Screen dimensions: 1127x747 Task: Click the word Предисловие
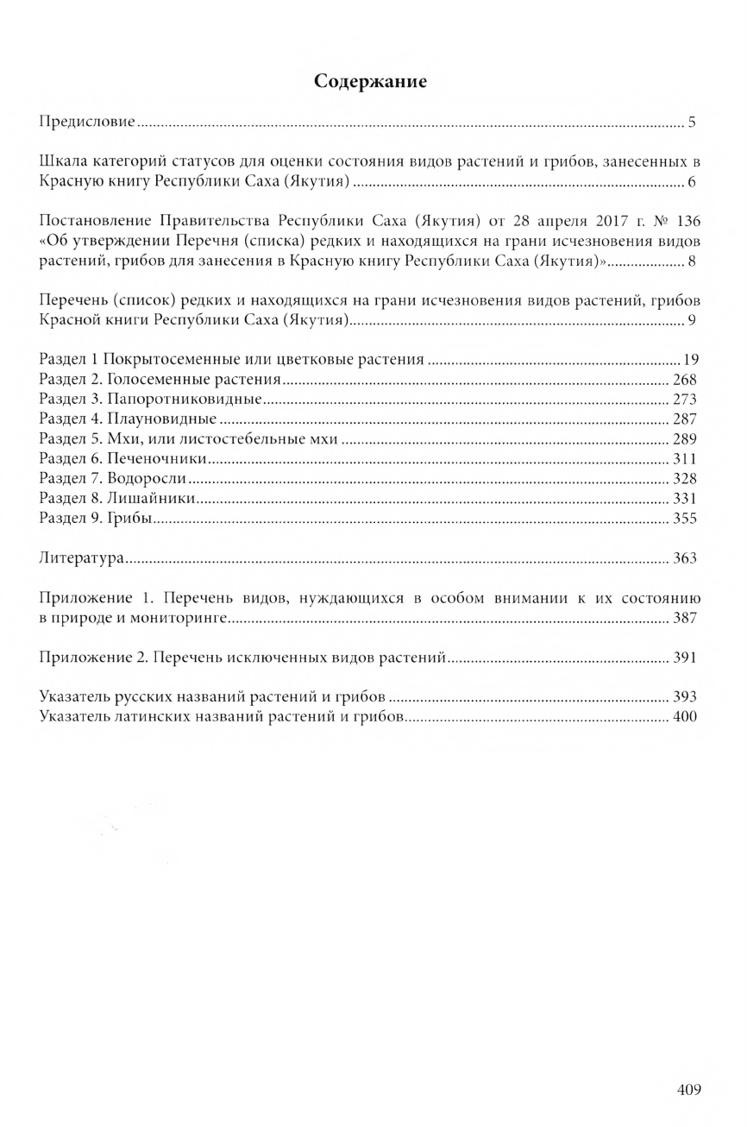coord(88,122)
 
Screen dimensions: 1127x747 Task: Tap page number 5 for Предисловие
coord(692,122)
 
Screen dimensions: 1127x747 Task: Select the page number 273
coord(684,400)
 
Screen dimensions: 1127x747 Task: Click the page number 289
coord(684,439)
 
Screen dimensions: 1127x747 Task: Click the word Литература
coord(83,558)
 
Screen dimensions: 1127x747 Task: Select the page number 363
coord(684,558)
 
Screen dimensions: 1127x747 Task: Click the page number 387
coord(684,618)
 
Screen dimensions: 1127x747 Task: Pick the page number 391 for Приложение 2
coord(684,658)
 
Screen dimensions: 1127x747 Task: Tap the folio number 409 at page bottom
coord(688,1089)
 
